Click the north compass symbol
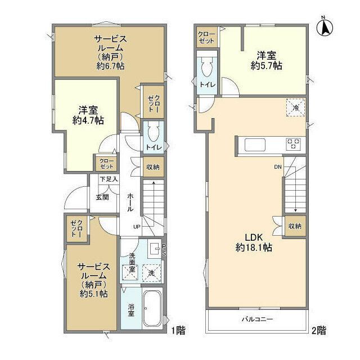[x=325, y=28]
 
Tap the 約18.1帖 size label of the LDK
[x=254, y=247]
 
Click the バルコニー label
[x=258, y=319]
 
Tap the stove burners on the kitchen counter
[x=293, y=144]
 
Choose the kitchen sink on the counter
[x=255, y=145]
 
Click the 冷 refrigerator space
[x=296, y=107]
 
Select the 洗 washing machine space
[x=151, y=273]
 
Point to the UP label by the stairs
[x=137, y=227]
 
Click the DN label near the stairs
[x=278, y=167]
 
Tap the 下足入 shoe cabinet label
[x=109, y=179]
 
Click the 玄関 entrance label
[x=102, y=197]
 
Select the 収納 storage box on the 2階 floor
[x=295, y=226]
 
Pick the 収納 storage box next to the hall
[x=153, y=167]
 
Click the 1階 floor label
[x=178, y=330]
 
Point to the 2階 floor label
[x=319, y=330]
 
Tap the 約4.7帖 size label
[x=88, y=120]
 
